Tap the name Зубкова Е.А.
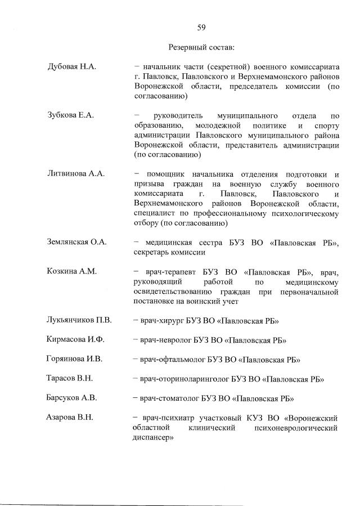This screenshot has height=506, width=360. tap(71, 115)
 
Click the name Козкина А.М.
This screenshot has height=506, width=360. tap(72, 272)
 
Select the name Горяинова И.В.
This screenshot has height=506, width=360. tap(75, 359)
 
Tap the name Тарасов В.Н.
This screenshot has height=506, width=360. tap(70, 379)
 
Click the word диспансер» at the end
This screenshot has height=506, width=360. tap(152, 438)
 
